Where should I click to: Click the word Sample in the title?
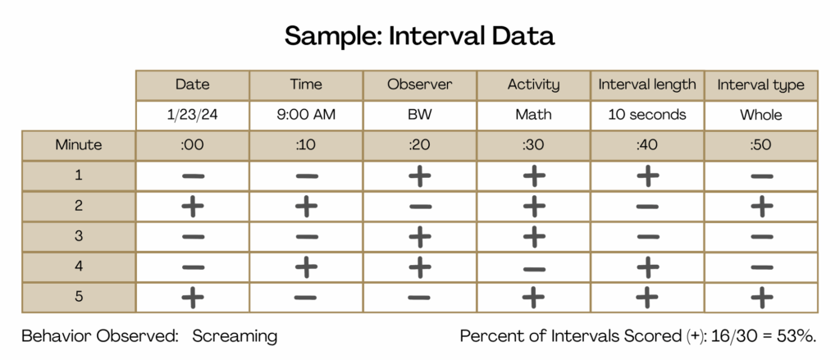(x=329, y=36)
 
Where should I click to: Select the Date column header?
(x=192, y=84)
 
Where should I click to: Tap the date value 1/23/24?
(x=192, y=115)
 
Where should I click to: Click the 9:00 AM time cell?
(x=306, y=115)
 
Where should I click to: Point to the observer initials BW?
(x=419, y=115)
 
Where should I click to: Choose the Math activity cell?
(x=533, y=115)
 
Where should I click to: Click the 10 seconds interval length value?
(x=647, y=115)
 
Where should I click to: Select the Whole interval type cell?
(x=760, y=115)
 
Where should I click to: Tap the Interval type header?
(x=760, y=84)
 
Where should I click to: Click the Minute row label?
(x=78, y=144)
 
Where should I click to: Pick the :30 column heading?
(x=533, y=145)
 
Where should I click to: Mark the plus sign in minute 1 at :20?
(x=419, y=175)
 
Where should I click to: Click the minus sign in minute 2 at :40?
(x=647, y=207)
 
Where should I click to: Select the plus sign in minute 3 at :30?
(x=533, y=236)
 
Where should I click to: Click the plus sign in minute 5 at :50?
(x=760, y=298)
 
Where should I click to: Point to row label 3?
(x=78, y=236)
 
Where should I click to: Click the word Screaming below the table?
(x=235, y=336)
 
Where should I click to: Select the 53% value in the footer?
(x=802, y=336)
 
